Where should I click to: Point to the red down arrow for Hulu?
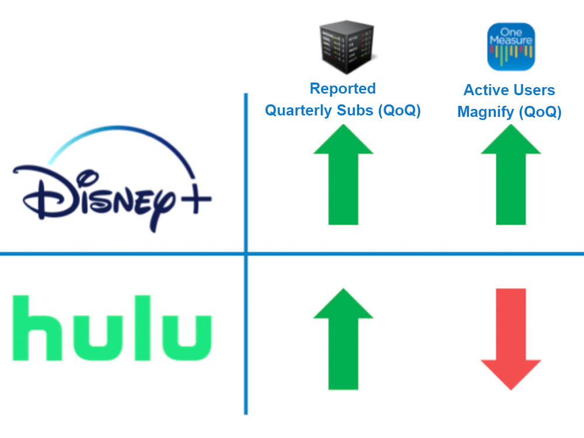510,339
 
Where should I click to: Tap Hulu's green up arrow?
343,339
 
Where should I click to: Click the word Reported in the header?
342,89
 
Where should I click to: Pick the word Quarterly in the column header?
298,110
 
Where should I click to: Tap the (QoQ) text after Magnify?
540,112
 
